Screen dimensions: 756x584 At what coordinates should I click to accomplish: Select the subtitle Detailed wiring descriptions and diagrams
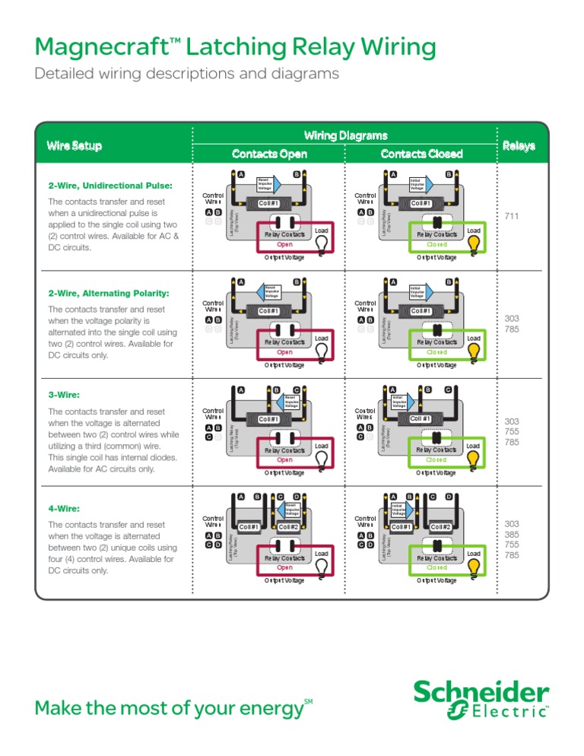186,75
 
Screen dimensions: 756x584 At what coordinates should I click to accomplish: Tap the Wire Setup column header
74,145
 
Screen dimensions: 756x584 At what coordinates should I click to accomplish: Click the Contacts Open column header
269,154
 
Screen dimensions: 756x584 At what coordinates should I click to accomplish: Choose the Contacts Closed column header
423,154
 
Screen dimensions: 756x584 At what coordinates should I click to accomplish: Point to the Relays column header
518,145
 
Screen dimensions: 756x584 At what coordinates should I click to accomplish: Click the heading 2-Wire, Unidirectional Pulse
109,186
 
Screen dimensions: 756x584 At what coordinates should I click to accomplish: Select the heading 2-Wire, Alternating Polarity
108,294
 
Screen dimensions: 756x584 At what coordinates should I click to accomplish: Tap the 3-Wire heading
64,395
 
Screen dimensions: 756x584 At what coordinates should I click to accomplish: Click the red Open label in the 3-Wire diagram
284,460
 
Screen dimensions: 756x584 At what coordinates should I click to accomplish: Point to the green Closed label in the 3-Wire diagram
436,460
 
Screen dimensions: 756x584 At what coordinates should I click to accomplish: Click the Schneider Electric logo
481,700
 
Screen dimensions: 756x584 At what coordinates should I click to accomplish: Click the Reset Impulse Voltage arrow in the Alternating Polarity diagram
272,290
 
